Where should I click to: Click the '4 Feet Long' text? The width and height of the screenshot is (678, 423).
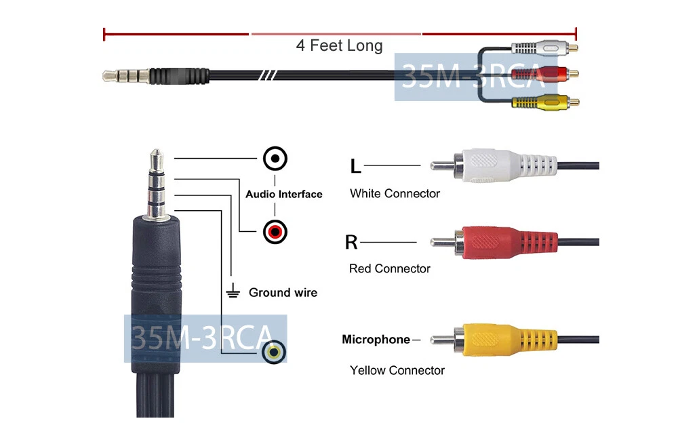click(x=340, y=45)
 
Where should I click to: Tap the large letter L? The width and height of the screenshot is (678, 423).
click(x=355, y=165)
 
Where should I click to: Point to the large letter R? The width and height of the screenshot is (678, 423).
click(x=351, y=242)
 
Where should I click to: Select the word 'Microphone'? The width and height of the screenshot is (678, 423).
click(x=376, y=340)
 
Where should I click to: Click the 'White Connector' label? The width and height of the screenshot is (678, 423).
click(x=395, y=193)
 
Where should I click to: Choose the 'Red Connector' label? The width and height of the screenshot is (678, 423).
click(x=390, y=268)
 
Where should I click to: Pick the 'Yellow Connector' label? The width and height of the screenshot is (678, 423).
click(x=397, y=370)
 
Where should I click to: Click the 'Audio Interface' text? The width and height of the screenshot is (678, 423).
click(x=284, y=194)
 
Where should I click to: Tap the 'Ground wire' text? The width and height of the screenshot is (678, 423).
click(x=283, y=293)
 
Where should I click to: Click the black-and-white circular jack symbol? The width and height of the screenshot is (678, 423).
click(x=275, y=159)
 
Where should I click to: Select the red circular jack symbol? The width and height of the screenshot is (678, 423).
click(x=275, y=232)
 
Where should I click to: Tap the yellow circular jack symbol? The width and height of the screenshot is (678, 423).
click(x=274, y=352)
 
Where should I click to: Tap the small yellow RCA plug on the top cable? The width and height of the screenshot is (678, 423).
click(x=546, y=102)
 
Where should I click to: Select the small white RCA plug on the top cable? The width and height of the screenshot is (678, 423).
click(x=545, y=47)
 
